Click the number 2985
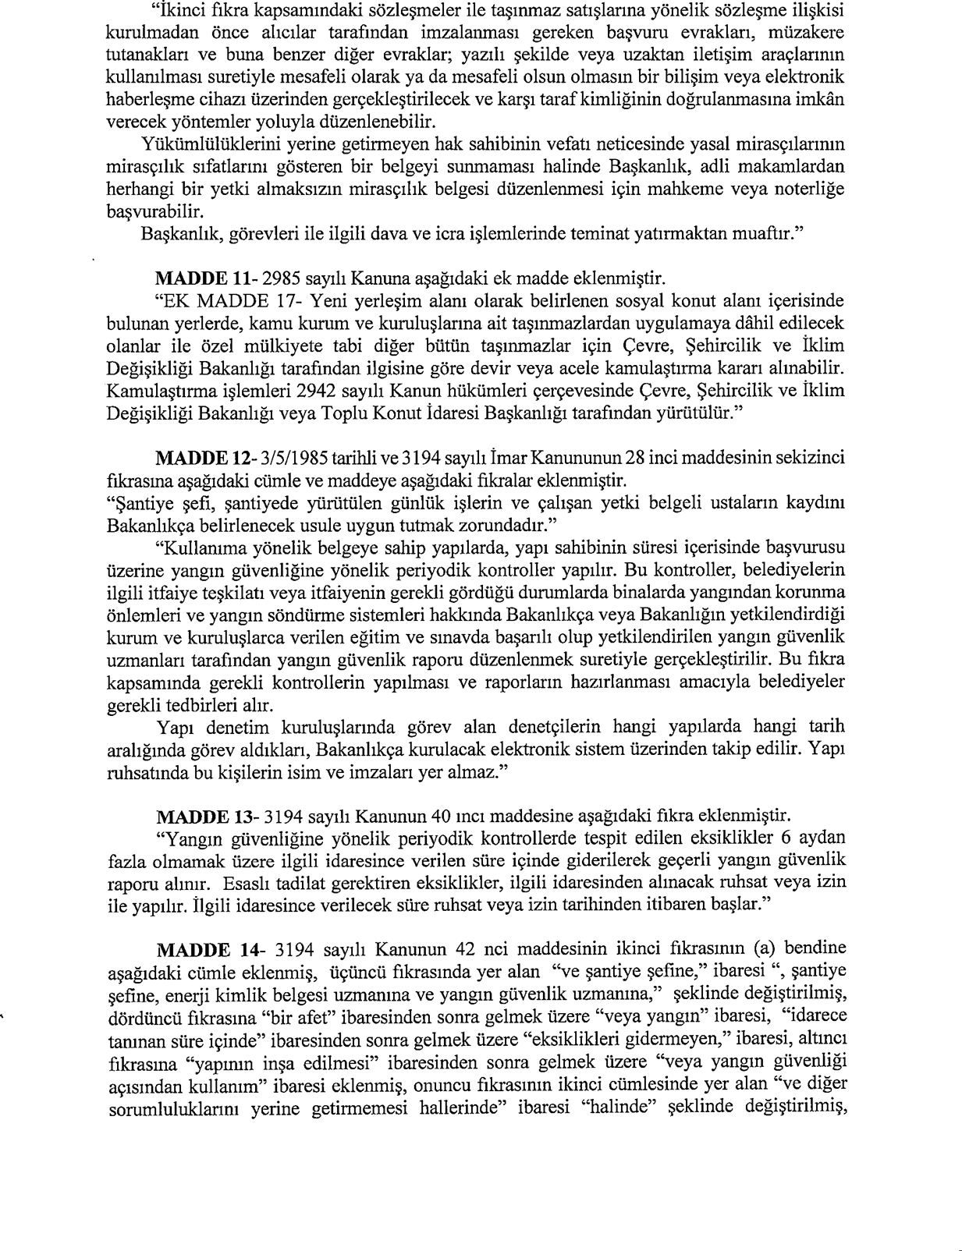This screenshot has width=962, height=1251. [282, 278]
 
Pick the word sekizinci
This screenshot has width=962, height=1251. [811, 455]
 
